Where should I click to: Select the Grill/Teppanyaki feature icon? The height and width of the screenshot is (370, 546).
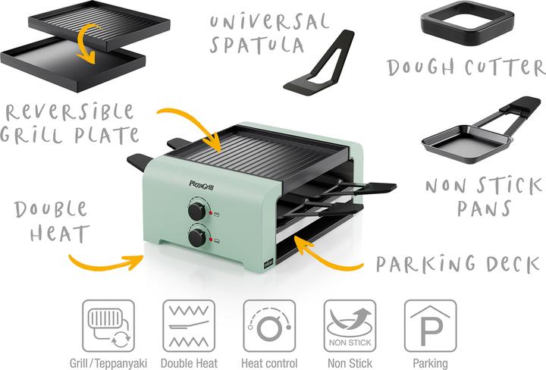click(x=108, y=325)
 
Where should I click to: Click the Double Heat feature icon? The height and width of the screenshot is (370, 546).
click(x=189, y=325)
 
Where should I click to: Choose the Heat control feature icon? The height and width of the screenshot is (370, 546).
click(x=269, y=325)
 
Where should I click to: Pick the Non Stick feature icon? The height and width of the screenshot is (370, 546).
click(x=350, y=325)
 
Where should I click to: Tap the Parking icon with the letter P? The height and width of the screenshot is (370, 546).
click(x=430, y=325)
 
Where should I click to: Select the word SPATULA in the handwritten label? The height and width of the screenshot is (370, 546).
click(x=258, y=45)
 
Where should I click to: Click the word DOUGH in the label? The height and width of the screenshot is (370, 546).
click(x=418, y=67)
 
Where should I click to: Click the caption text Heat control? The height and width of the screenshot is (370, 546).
click(x=269, y=363)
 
